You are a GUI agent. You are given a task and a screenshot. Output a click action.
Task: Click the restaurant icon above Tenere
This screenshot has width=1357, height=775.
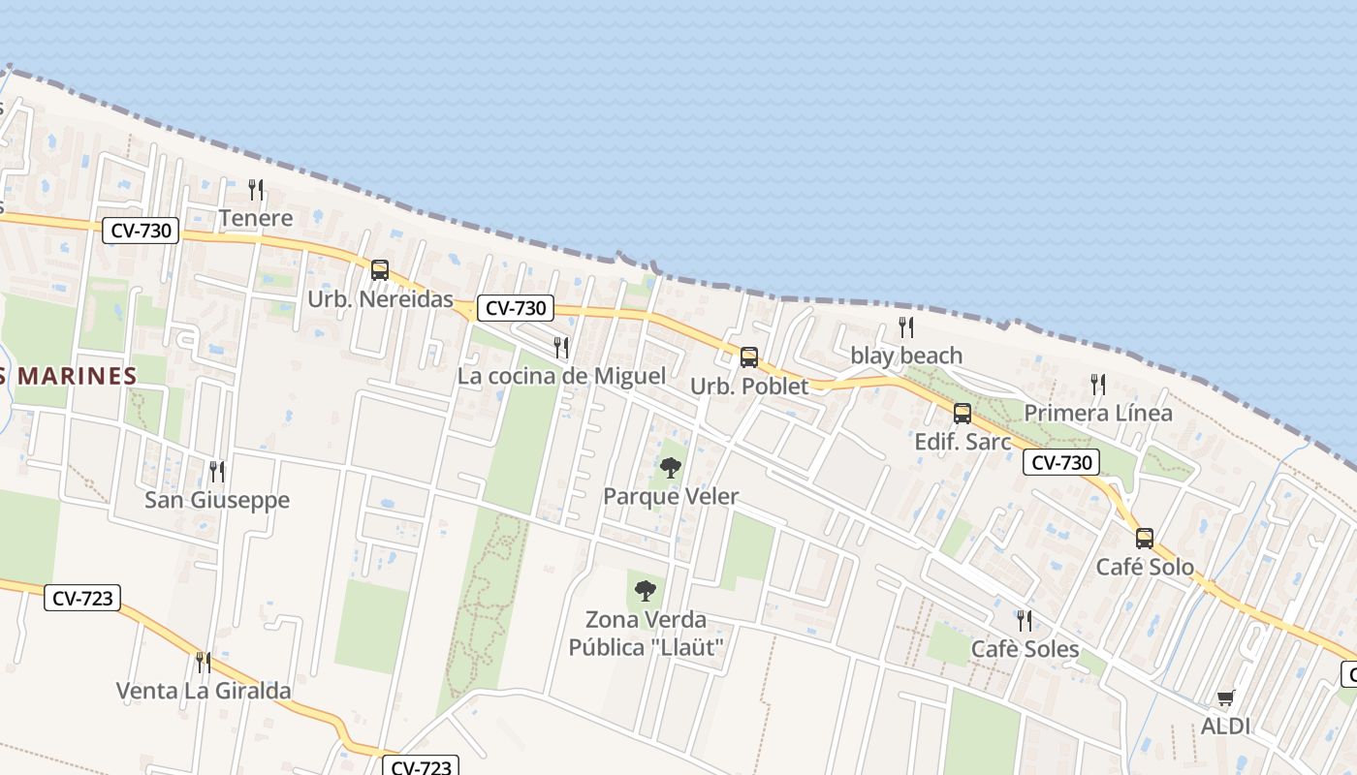pyautogui.click(x=256, y=189)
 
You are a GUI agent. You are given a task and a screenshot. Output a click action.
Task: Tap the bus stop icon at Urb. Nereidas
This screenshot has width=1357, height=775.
pyautogui.click(x=380, y=270)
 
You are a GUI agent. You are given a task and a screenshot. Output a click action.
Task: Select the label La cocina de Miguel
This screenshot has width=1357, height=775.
pyautogui.click(x=561, y=376)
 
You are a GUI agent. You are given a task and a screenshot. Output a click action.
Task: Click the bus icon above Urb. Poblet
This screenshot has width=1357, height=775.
pyautogui.click(x=749, y=357)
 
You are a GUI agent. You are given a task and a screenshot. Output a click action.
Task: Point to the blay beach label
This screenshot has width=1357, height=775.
pyautogui.click(x=906, y=356)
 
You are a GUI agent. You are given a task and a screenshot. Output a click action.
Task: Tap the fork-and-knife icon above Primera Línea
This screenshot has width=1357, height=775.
pyautogui.click(x=1098, y=385)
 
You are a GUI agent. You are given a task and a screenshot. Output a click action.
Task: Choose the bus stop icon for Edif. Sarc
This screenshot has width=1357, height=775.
pyautogui.click(x=963, y=414)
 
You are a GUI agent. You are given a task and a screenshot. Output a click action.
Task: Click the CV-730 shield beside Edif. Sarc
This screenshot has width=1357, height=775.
pyautogui.click(x=1061, y=462)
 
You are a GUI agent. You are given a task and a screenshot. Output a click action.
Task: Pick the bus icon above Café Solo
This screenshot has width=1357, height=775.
pyautogui.click(x=1145, y=539)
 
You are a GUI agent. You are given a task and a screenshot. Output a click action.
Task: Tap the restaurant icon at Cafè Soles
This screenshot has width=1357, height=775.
pyautogui.click(x=1024, y=620)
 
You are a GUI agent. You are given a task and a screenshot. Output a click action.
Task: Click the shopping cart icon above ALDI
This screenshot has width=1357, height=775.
pyautogui.click(x=1225, y=698)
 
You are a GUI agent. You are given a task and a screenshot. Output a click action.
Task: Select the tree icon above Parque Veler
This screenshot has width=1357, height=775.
pyautogui.click(x=670, y=469)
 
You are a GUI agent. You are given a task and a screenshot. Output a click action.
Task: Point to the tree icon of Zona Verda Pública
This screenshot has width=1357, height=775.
pyautogui.click(x=645, y=591)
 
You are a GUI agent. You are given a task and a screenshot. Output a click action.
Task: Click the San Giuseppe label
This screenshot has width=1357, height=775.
pyautogui.click(x=217, y=500)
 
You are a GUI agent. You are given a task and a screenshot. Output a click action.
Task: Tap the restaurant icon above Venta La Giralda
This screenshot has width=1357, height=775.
pyautogui.click(x=204, y=663)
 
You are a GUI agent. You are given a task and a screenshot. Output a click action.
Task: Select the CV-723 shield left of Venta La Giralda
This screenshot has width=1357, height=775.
pyautogui.click(x=82, y=599)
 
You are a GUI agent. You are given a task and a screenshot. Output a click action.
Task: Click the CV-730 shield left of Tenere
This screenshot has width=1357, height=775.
pyautogui.click(x=141, y=231)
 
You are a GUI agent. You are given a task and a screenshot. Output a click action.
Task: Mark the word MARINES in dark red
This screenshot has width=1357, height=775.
pyautogui.click(x=77, y=377)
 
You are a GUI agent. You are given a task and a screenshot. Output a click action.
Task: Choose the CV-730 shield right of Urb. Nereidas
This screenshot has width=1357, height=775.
pyautogui.click(x=516, y=308)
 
